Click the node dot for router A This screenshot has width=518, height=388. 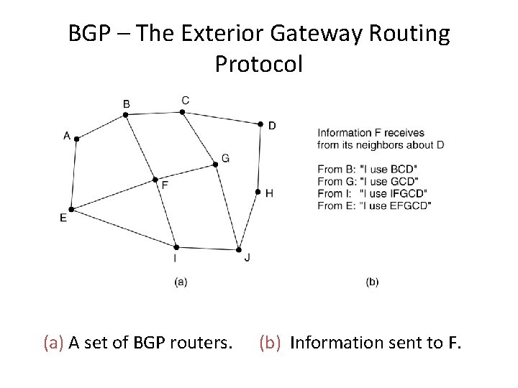(x=76, y=139)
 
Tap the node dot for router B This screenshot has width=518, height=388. (x=126, y=114)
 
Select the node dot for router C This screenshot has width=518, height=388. (x=183, y=111)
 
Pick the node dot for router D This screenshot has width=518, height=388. (x=261, y=124)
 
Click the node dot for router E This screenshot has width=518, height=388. (x=71, y=209)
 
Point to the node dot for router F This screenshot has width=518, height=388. (x=155, y=180)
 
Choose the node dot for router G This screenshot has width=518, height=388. (x=215, y=165)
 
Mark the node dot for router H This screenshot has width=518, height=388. (x=258, y=192)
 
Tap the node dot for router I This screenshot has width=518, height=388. (x=176, y=247)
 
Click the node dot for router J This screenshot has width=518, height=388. (x=238, y=250)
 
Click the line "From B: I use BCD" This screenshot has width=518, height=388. (x=367, y=169)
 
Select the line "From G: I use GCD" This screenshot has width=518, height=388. (x=368, y=181)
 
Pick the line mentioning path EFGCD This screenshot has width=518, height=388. (x=374, y=205)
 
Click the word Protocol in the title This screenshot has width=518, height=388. (x=259, y=64)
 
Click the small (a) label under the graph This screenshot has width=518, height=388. (x=181, y=282)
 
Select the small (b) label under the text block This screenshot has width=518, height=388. (x=372, y=282)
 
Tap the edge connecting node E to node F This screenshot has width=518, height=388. (x=112, y=195)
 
